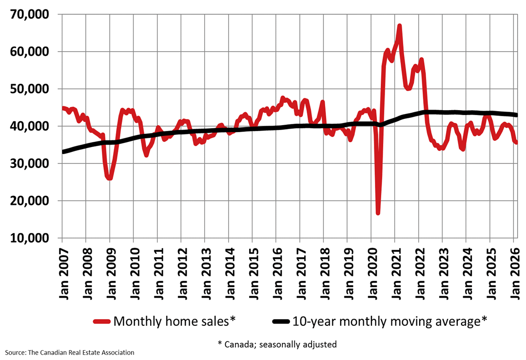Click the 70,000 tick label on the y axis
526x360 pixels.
click(30, 15)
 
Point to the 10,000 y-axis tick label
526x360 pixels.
click(30, 238)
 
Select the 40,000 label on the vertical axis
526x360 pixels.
click(30, 126)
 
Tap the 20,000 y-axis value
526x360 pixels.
click(30, 201)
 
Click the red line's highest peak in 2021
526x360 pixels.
click(399, 25)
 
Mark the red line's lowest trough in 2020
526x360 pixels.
click(378, 213)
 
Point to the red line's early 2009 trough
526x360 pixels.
click(110, 178)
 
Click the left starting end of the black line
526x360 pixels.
click(63, 152)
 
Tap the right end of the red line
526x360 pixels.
click(516, 142)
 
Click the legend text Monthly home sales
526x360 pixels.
click(174, 321)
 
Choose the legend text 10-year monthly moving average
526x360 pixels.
click(390, 321)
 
